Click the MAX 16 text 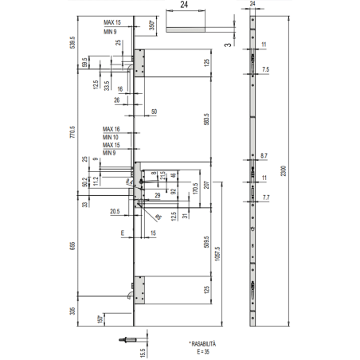click(112, 129)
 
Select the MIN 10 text click(112, 137)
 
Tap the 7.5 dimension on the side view click(264, 70)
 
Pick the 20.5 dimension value click(115, 211)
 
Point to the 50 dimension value click(153, 111)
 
